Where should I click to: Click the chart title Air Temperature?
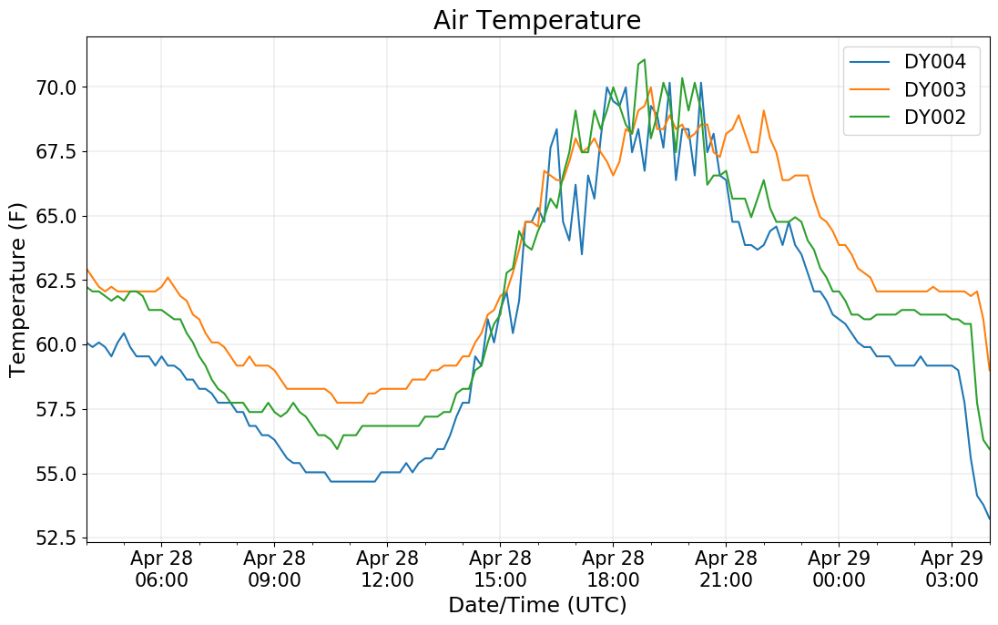pyautogui.click(x=537, y=20)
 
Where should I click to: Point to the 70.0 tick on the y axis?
pyautogui.click(x=56, y=87)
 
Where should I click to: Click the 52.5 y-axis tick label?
pyautogui.click(x=56, y=538)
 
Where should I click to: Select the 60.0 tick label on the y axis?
pyautogui.click(x=56, y=345)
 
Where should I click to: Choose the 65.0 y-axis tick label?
pyautogui.click(x=56, y=217)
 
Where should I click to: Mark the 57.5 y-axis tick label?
pyautogui.click(x=56, y=410)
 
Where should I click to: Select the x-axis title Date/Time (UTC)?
pyautogui.click(x=537, y=605)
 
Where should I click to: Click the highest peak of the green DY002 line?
pyautogui.click(x=645, y=60)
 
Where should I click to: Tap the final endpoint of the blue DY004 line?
pyautogui.click(x=990, y=519)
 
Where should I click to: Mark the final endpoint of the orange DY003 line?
pyautogui.click(x=990, y=370)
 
